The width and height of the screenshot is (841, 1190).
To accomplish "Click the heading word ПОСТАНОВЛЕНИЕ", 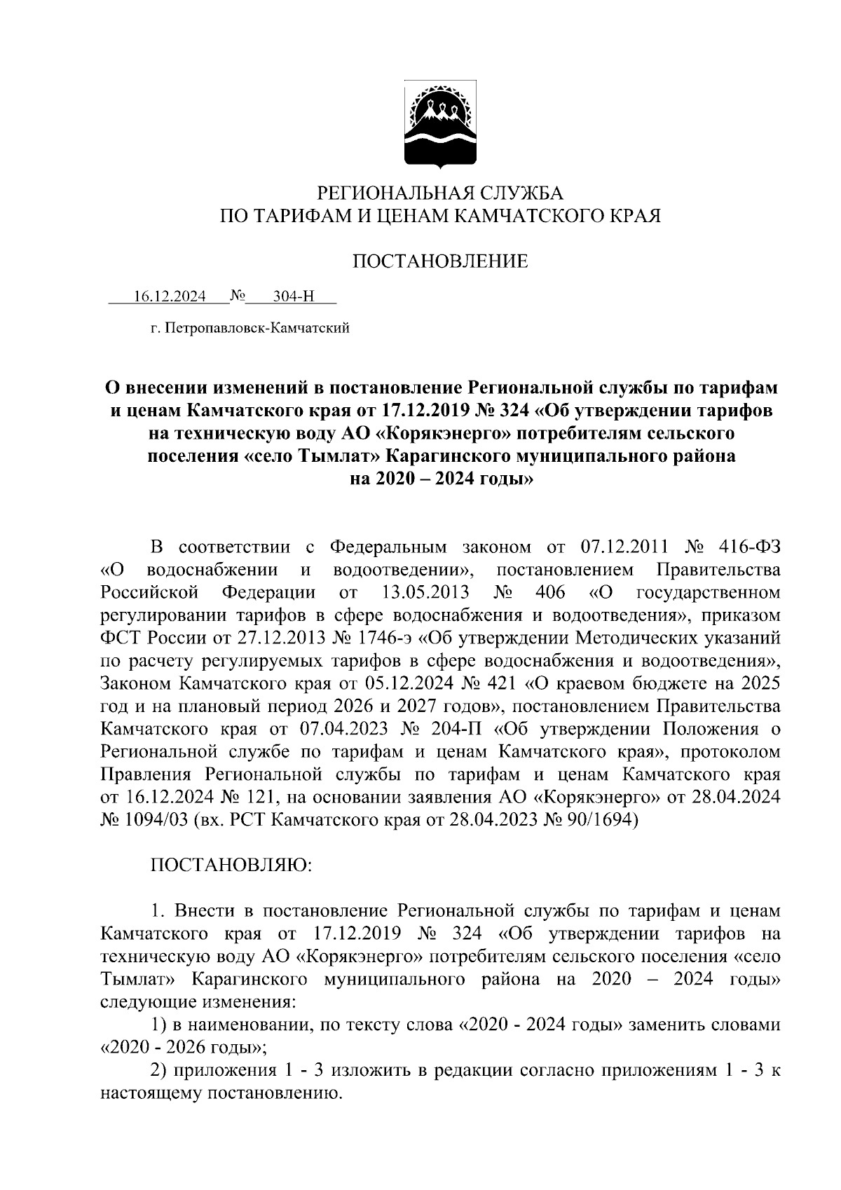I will coord(439,261).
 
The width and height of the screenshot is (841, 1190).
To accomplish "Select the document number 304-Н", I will coord(294,296).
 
